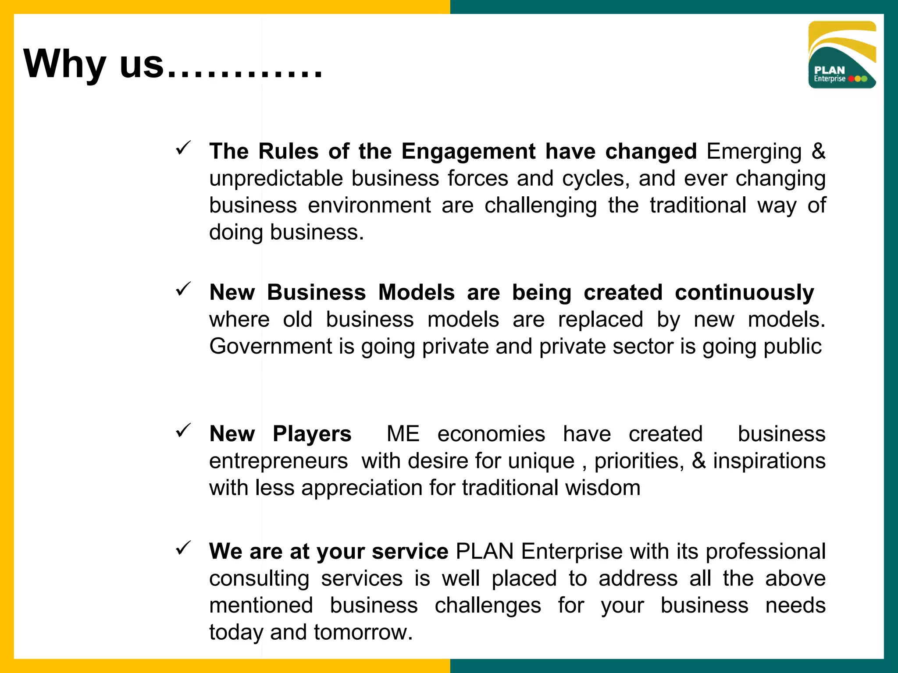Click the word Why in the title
tap(65, 64)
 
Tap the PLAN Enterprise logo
tap(842, 55)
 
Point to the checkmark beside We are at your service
tap(183, 548)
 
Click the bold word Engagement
tap(468, 152)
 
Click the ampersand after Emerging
tap(818, 152)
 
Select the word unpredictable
tap(276, 179)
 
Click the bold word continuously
tap(744, 293)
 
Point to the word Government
tap(271, 347)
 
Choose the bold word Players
tap(312, 434)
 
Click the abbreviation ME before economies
tap(403, 434)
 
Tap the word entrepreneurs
tap(278, 461)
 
